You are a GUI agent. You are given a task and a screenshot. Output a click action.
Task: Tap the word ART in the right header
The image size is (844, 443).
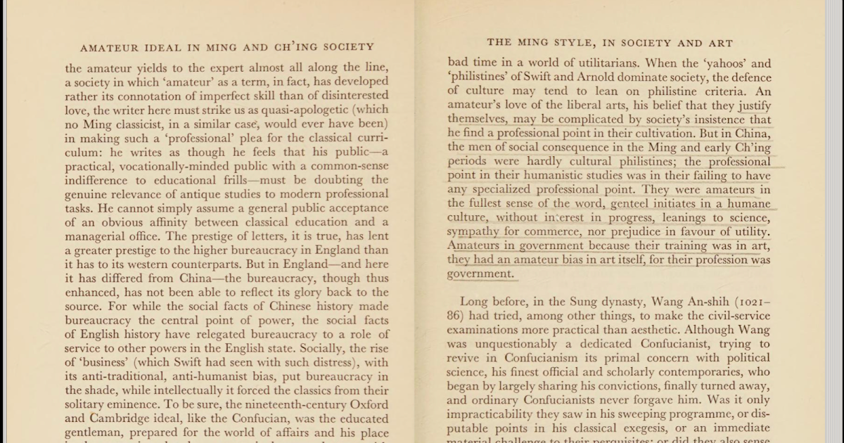click(x=720, y=43)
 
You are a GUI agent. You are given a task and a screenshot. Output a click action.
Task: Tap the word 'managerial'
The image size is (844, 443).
click(x=102, y=236)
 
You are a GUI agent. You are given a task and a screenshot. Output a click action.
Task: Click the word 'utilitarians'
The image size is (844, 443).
click(x=589, y=63)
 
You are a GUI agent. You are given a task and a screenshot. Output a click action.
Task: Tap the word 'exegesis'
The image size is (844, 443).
click(x=625, y=429)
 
